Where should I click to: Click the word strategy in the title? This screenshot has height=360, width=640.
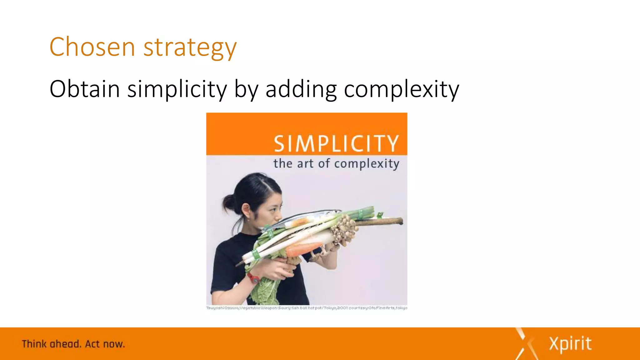tap(190, 47)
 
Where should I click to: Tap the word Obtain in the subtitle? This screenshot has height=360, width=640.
tap(85, 89)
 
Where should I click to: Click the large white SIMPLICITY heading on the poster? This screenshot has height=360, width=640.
tap(336, 144)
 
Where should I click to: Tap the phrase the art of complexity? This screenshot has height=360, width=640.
tap(336, 164)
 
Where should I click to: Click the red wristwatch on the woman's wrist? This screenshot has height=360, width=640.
tap(253, 277)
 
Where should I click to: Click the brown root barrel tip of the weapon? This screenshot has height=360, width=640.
tap(384, 222)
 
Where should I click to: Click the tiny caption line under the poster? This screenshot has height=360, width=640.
tap(307, 308)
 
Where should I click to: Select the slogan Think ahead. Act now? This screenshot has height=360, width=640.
tap(73, 344)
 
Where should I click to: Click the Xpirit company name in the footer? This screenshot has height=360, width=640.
tap(570, 344)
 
